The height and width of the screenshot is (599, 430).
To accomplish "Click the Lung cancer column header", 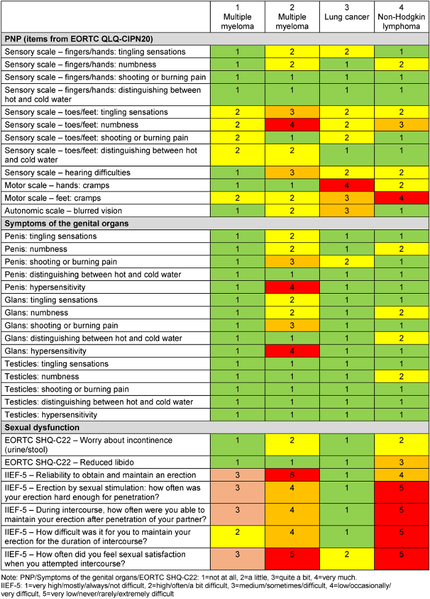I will pos(347,15).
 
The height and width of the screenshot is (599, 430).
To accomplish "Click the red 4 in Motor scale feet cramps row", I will pos(401,198).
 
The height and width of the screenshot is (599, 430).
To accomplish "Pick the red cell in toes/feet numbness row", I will pos(292,125).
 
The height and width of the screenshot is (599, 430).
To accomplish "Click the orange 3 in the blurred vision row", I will pos(347,210).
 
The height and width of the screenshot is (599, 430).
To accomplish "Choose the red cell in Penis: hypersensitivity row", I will pos(292,287).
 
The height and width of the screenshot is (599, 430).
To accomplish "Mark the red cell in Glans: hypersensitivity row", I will pos(292,351).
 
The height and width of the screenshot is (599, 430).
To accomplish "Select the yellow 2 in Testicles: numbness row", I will pos(401,376).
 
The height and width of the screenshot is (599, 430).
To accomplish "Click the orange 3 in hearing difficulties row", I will pos(292,173).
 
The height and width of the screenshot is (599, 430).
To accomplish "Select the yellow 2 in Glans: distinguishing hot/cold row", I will pos(401,338).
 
